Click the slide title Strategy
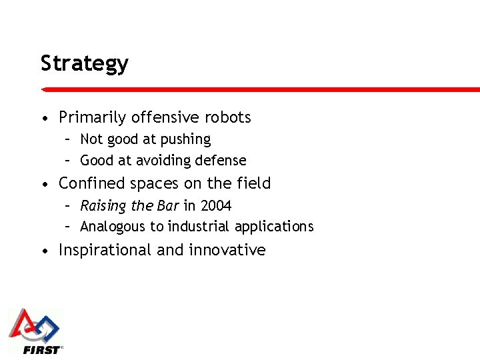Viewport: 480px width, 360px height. [x=84, y=64]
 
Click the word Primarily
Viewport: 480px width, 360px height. [x=93, y=117]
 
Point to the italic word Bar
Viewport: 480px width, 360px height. [x=168, y=206]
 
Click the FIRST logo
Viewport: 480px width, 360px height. [x=35, y=331]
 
